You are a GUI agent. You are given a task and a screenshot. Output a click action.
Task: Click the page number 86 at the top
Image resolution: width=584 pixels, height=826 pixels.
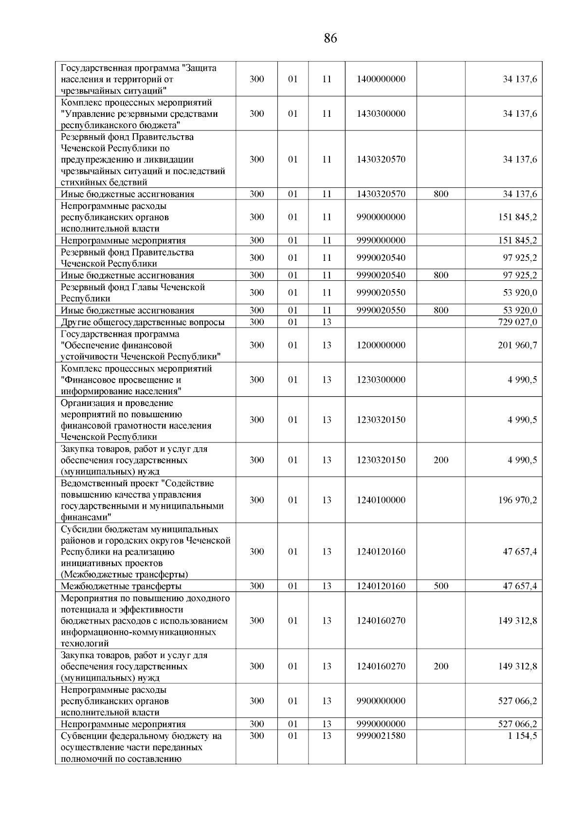click(x=330, y=38)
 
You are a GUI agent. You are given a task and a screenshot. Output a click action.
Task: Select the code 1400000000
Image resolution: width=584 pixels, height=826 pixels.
click(x=381, y=79)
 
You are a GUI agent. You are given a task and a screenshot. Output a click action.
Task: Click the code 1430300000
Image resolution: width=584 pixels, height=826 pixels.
click(x=381, y=114)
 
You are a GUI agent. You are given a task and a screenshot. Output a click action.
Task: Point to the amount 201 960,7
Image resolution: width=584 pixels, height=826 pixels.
click(x=517, y=345)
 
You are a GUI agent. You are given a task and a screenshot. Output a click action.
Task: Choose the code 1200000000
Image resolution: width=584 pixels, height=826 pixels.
click(x=381, y=345)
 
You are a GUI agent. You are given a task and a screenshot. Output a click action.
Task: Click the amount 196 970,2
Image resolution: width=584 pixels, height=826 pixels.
click(x=517, y=500)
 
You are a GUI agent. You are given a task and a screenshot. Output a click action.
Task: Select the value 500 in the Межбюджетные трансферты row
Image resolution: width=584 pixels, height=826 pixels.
click(x=441, y=586)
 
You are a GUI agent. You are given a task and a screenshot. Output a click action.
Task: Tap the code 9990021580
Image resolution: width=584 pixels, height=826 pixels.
click(x=381, y=736)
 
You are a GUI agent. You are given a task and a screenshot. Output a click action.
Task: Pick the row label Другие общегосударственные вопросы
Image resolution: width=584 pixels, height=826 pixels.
click(x=143, y=322)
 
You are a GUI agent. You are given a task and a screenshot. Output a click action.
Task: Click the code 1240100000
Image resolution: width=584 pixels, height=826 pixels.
click(x=381, y=500)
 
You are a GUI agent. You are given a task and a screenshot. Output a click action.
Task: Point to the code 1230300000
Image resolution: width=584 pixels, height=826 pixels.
click(x=381, y=380)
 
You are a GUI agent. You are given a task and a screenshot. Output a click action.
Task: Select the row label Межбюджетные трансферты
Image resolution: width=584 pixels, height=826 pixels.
click(x=121, y=587)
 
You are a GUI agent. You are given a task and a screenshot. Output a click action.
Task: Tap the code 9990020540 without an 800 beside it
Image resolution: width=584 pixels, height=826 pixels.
click(x=381, y=257)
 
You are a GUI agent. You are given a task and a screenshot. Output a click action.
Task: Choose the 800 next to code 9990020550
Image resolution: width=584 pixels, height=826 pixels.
click(x=441, y=311)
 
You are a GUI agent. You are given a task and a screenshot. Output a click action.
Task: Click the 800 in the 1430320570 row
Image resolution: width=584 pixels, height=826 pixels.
click(x=441, y=194)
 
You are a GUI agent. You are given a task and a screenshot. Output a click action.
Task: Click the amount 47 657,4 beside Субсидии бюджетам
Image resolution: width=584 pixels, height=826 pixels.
click(x=520, y=551)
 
